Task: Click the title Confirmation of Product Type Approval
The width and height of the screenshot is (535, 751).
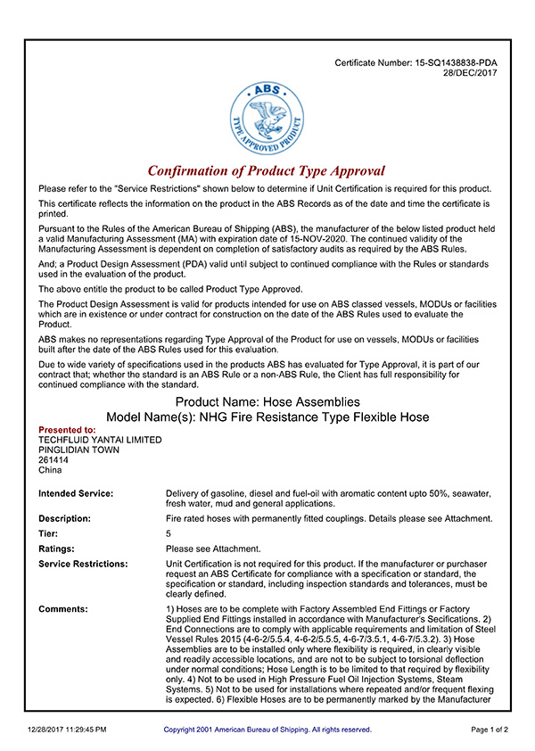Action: [267, 170]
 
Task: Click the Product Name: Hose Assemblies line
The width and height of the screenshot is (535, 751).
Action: [267, 402]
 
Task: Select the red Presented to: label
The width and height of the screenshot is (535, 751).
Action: [67, 430]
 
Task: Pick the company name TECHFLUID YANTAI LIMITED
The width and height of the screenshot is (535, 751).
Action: [100, 440]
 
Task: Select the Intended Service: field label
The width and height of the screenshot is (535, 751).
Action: [76, 493]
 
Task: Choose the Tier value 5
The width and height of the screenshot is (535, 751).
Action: [169, 533]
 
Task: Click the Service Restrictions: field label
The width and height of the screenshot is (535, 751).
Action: [83, 565]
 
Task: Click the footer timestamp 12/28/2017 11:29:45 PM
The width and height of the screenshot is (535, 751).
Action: [67, 730]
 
